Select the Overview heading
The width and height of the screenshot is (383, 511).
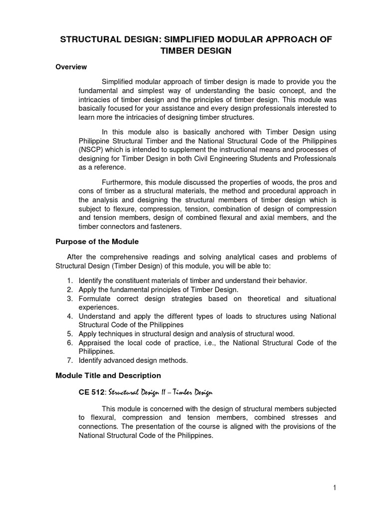(x=71, y=67)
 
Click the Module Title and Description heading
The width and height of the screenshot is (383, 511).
(x=108, y=375)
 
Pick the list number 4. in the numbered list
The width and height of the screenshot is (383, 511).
(x=70, y=316)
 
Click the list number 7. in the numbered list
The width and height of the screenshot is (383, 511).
(x=70, y=360)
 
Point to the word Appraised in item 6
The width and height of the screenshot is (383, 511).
(x=95, y=343)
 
